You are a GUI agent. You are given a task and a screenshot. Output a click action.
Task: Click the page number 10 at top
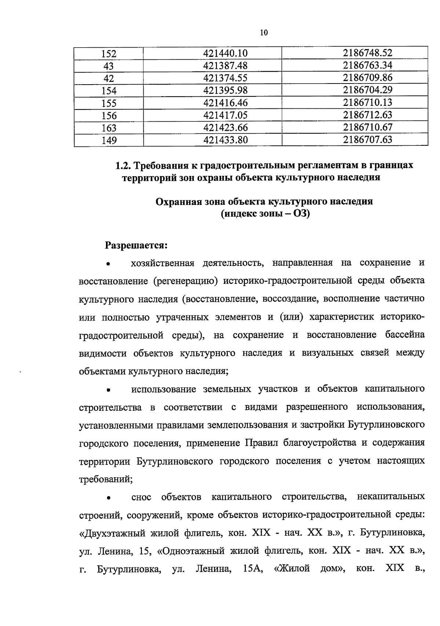(264, 33)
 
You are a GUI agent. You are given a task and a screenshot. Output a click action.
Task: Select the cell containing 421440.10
(225, 53)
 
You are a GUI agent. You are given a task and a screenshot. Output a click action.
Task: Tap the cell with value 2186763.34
(367, 66)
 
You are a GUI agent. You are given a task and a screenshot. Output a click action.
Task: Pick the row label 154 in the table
(109, 90)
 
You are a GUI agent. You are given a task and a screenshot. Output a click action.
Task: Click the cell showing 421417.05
(225, 115)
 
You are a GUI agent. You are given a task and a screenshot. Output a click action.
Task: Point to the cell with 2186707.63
(367, 140)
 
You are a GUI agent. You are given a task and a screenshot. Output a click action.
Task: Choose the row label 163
(109, 128)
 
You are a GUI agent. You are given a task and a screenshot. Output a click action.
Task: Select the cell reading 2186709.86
(367, 78)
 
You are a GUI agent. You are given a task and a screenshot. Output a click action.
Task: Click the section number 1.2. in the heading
(123, 166)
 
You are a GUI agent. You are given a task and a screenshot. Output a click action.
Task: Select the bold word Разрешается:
(136, 245)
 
